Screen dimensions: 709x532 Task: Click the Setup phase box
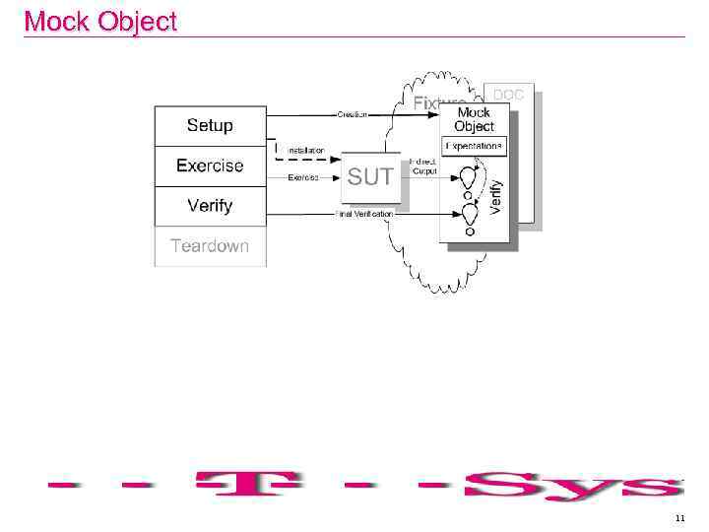[210, 125]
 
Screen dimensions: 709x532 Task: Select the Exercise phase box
[210, 166]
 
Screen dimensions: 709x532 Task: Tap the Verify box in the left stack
[210, 206]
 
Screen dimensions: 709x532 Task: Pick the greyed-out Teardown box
[210, 246]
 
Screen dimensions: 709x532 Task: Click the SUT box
[370, 177]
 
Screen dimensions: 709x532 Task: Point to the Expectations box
[475, 146]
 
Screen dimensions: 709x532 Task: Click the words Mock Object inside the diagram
[475, 119]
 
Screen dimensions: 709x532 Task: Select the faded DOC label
[508, 95]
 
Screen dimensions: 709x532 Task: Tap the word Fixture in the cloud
[437, 102]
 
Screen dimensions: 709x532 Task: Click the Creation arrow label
[353, 114]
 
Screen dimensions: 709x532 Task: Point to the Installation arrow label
[305, 151]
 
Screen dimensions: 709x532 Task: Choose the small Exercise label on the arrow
[303, 177]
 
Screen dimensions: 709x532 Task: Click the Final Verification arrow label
[364, 214]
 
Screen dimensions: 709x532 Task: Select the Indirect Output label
[424, 166]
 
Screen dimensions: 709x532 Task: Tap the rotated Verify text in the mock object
[496, 196]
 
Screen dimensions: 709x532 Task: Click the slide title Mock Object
[99, 21]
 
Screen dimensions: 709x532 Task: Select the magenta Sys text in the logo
[571, 485]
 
